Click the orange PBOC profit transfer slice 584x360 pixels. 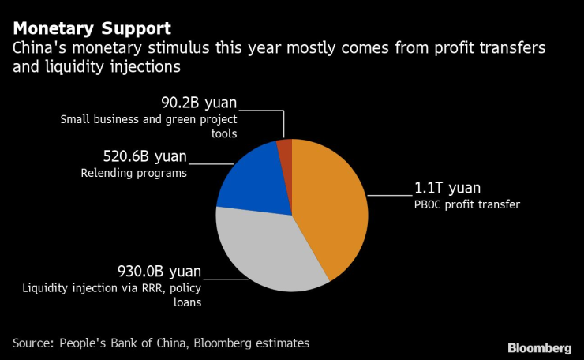coord(331,205)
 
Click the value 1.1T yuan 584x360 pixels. coord(447,189)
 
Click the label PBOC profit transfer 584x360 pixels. coord(468,205)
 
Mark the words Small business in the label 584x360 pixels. coord(97,120)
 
